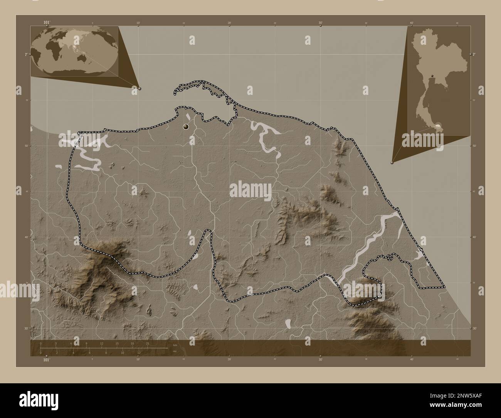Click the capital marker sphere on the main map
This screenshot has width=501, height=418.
[187, 126]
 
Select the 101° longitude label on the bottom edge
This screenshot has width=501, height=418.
[46, 360]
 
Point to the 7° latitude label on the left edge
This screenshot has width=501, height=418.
[26, 54]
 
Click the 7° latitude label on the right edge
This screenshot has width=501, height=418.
[474, 54]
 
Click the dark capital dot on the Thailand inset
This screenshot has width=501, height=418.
[433, 76]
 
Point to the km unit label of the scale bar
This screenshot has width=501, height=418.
[175, 345]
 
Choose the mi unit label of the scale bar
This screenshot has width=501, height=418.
[175, 351]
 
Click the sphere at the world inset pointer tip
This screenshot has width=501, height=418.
[140, 88]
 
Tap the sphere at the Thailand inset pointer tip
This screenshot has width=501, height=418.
[392, 163]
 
